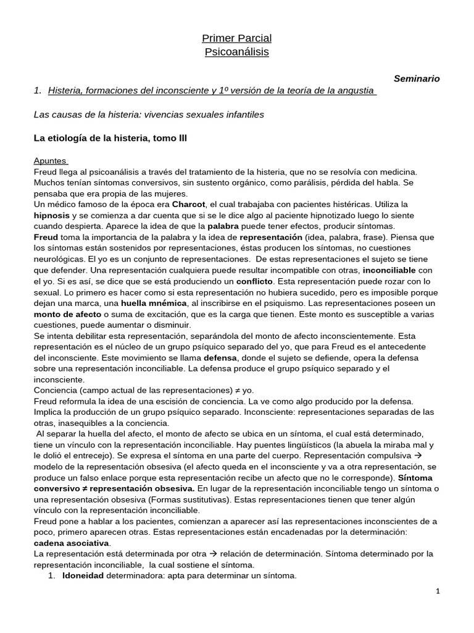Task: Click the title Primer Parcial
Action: pyautogui.click(x=237, y=38)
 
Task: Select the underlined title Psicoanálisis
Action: pyautogui.click(x=237, y=52)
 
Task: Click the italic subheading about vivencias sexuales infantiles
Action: pyautogui.click(x=149, y=114)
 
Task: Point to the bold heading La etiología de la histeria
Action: pyautogui.click(x=110, y=138)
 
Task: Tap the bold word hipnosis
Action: pyautogui.click(x=52, y=215)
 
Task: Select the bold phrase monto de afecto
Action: pyautogui.click(x=67, y=315)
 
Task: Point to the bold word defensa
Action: pyautogui.click(x=220, y=358)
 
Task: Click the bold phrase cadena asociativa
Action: pyautogui.click(x=71, y=542)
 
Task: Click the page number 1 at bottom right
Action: pyautogui.click(x=438, y=592)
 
